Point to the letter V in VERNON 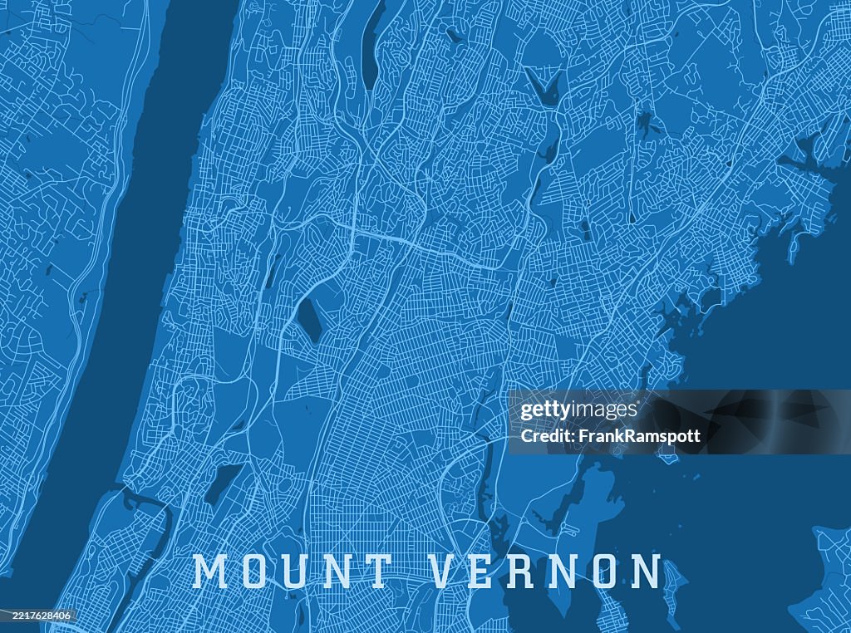[447, 572]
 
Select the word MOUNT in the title [293, 572]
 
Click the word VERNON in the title [546, 572]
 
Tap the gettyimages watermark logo [578, 410]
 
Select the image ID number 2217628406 [37, 616]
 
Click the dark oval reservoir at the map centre [311, 321]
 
